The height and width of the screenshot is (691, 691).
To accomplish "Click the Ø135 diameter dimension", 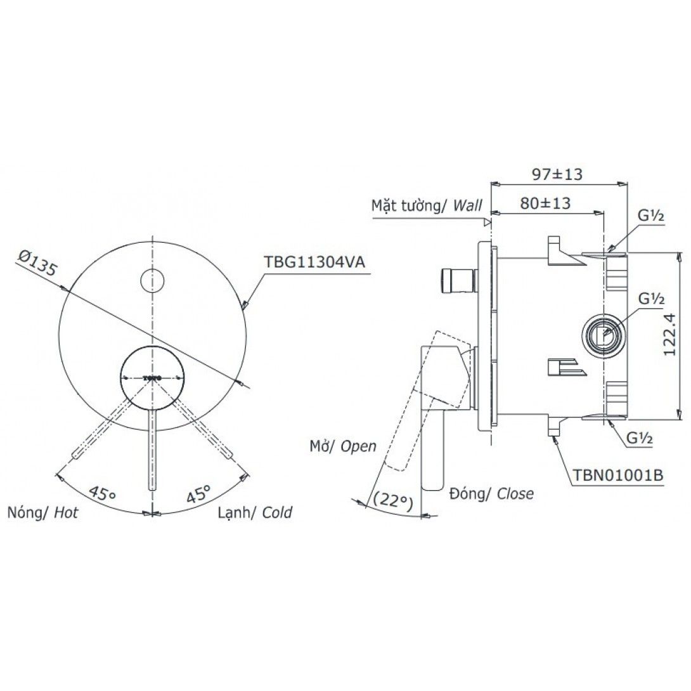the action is [x=38, y=262].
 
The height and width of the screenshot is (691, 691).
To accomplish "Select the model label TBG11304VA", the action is [x=314, y=262].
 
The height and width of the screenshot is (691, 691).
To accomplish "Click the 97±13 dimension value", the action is [x=557, y=174].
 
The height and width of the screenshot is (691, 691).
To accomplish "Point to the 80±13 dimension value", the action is [x=545, y=203].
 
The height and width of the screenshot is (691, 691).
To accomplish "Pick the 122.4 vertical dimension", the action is [x=669, y=334].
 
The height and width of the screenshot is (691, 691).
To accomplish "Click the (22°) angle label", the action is [x=392, y=501].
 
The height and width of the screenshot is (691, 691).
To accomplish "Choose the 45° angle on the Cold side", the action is [x=199, y=494].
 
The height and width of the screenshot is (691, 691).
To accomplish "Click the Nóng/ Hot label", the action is [x=42, y=512].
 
